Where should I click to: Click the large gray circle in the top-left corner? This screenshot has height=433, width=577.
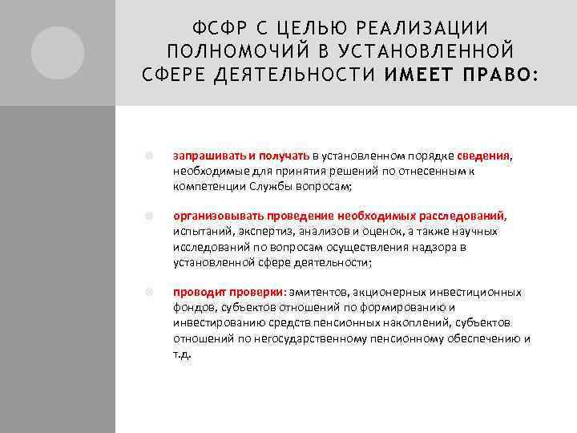(58, 53)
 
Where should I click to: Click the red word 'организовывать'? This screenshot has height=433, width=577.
(212, 216)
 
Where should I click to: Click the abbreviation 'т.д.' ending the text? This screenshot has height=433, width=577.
(182, 354)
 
